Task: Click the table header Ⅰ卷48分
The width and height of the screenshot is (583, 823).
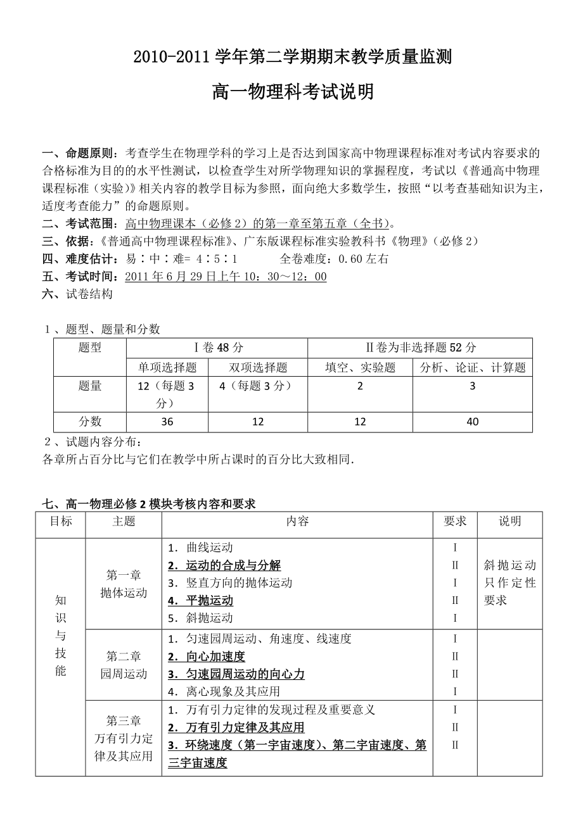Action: [217, 348]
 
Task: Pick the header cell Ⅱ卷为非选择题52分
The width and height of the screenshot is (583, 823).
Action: [421, 348]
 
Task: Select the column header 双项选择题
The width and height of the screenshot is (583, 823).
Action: [258, 367]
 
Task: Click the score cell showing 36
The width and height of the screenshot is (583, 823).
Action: [167, 422]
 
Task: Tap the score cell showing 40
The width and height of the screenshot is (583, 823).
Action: [472, 422]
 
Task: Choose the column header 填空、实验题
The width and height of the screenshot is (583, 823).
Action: [360, 367]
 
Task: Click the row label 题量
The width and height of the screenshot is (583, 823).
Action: [90, 386]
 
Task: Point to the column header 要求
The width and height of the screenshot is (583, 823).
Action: [455, 521]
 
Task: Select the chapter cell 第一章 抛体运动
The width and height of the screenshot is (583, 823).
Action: [124, 584]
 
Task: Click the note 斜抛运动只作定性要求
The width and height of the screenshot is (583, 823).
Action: [509, 582]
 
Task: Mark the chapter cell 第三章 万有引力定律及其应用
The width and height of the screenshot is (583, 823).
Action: [124, 738]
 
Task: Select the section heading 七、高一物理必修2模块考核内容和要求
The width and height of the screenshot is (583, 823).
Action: [149, 504]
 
